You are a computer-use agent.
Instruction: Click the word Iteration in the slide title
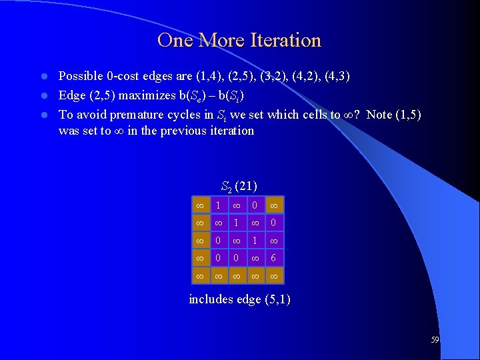284,41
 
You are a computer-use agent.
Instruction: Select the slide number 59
435,340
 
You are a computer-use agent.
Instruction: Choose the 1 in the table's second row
236,221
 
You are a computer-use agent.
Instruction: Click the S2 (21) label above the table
239,185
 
